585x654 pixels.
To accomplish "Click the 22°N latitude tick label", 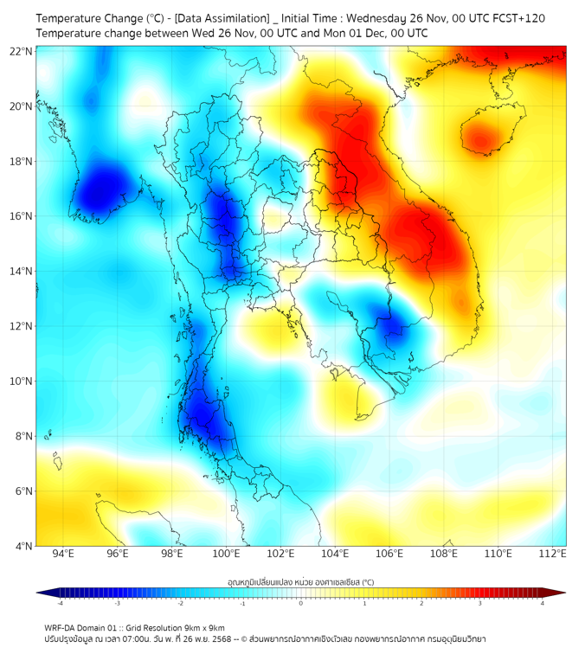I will [22, 51].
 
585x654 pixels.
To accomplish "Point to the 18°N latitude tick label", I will [22, 162].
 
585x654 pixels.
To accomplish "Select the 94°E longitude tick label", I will [63, 555].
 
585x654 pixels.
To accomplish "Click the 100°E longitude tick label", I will [227, 555].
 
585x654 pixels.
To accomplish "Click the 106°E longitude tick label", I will [390, 555].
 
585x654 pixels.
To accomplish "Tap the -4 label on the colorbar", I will [60, 603].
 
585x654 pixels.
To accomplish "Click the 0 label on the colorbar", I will [301, 603].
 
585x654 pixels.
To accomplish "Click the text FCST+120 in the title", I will [516, 18].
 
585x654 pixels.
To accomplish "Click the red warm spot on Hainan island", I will [481, 137].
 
